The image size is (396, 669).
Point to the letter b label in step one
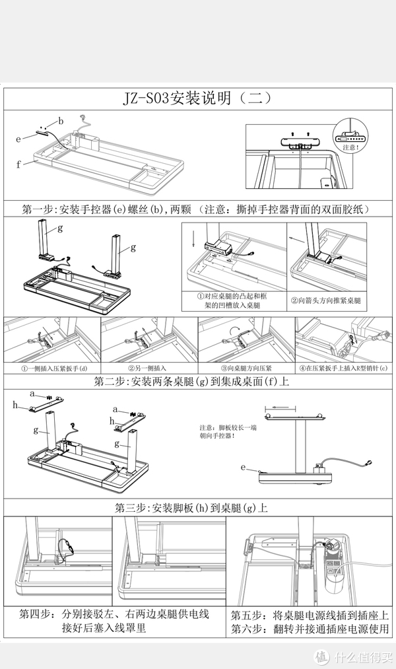[x=61, y=121]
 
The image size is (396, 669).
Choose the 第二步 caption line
[x=197, y=382]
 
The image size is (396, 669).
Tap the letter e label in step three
[x=244, y=468]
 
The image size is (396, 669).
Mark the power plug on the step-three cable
[x=373, y=464]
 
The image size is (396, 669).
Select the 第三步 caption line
[x=191, y=509]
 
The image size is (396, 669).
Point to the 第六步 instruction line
[x=310, y=629]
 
